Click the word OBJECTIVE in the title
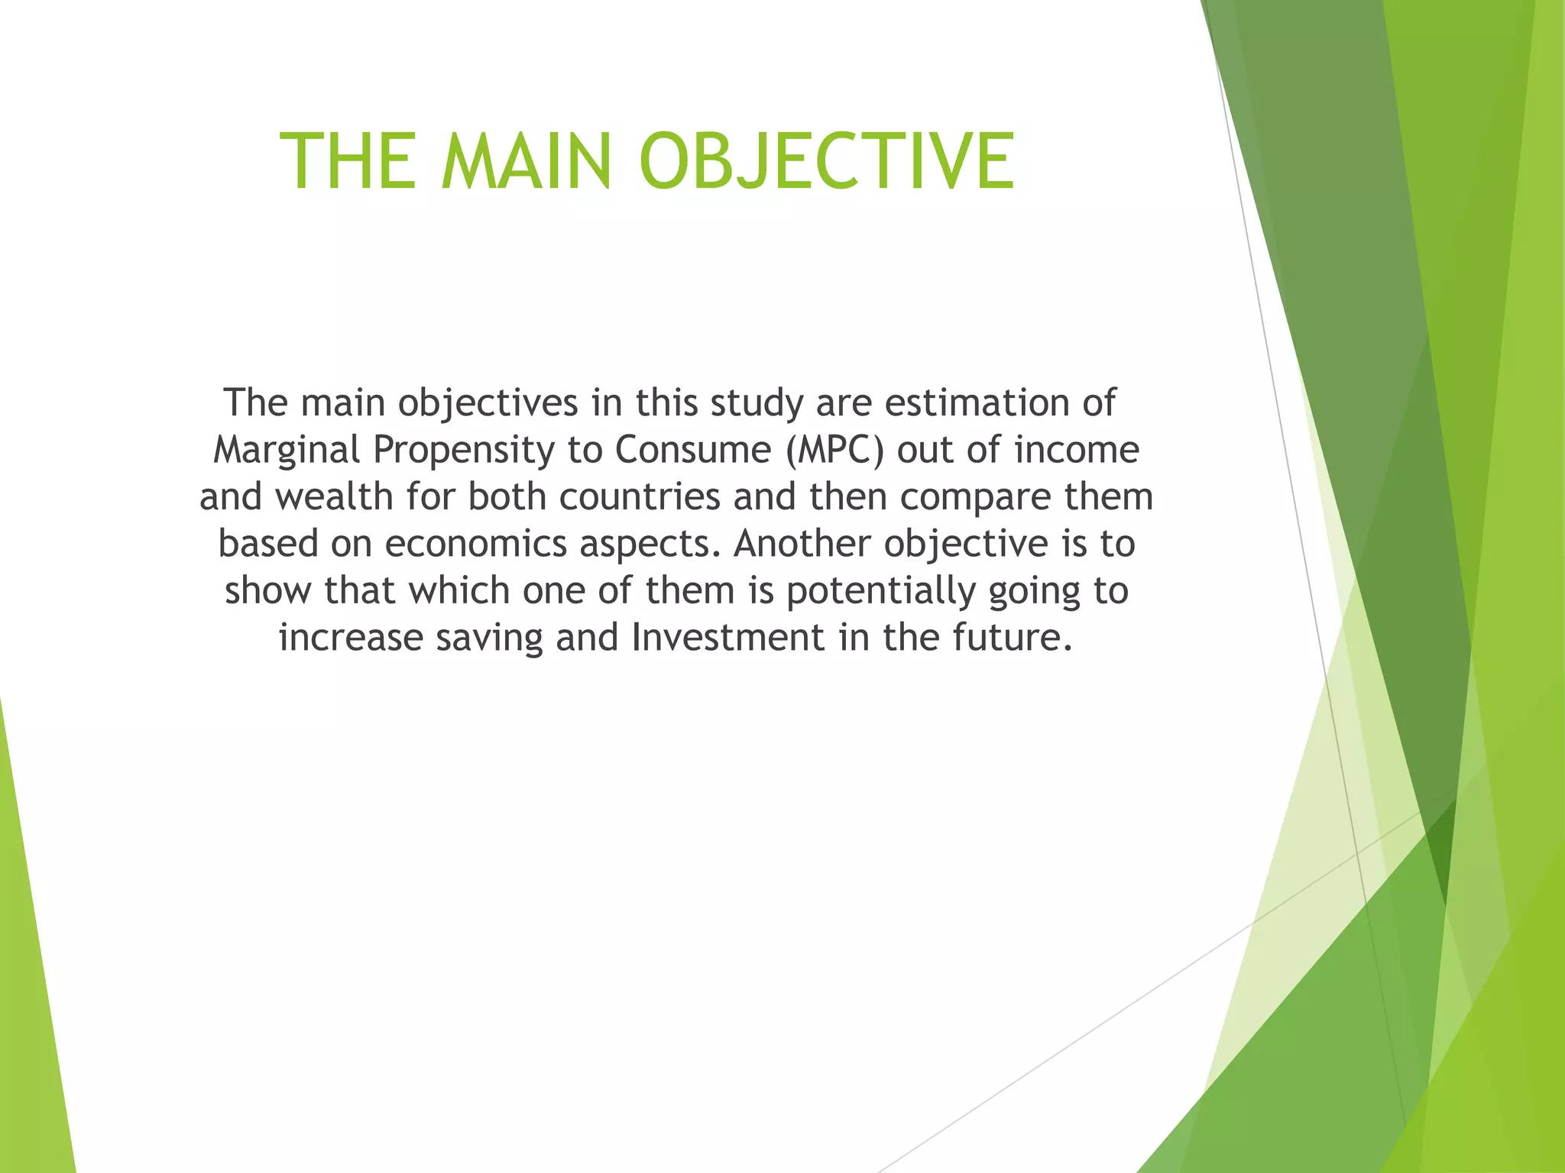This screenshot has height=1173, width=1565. [x=827, y=161]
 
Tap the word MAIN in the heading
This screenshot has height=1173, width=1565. [x=527, y=161]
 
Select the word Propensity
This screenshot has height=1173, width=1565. [x=463, y=451]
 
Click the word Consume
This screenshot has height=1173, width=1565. [x=693, y=450]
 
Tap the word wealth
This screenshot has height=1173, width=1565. [x=334, y=496]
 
